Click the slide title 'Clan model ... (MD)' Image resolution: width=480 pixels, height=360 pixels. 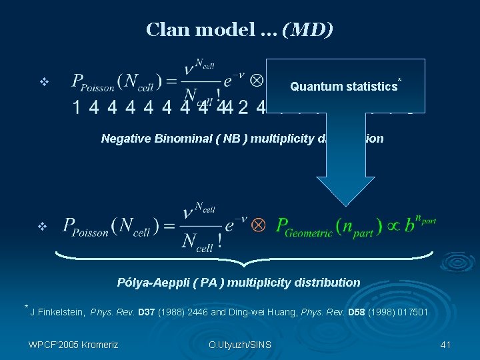pyautogui.click(x=240, y=30)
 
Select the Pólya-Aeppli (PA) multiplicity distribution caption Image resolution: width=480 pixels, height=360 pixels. pyautogui.click(x=239, y=282)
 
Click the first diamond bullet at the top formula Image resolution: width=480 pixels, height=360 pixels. pyautogui.click(x=44, y=83)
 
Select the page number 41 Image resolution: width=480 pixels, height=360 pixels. pyautogui.click(x=446, y=345)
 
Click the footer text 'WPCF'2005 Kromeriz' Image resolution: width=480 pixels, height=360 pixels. pyautogui.click(x=73, y=345)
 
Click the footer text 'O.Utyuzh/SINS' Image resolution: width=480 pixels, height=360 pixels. pyautogui.click(x=239, y=345)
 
